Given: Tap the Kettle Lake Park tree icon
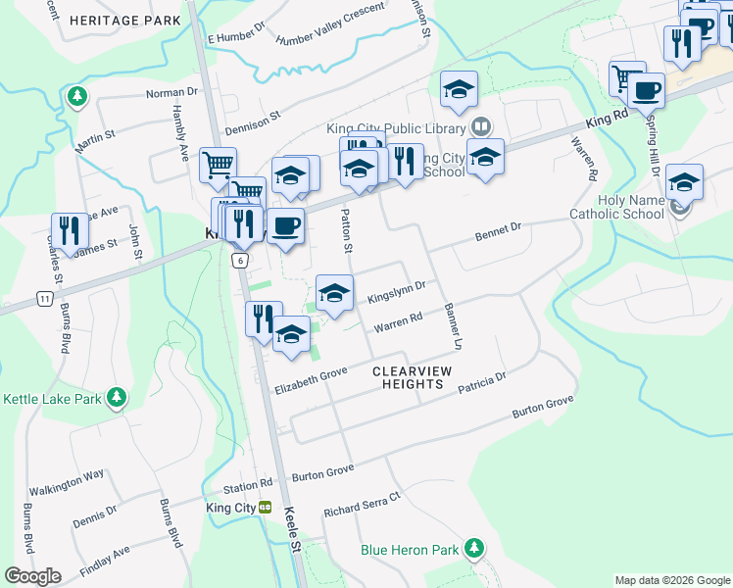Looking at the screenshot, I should pyautogui.click(x=117, y=397).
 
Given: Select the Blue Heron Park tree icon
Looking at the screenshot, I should pyautogui.click(x=474, y=547).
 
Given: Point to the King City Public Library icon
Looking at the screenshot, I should pyautogui.click(x=480, y=125).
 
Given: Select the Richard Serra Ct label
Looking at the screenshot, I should pyautogui.click(x=363, y=505).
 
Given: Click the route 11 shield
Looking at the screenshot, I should pyautogui.click(x=43, y=297).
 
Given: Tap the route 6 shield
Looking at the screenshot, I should pyautogui.click(x=238, y=260).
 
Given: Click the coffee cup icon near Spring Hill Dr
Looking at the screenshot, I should pyautogui.click(x=645, y=91).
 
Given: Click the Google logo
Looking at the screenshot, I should pyautogui.click(x=32, y=576).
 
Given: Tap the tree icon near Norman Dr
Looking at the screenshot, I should pyautogui.click(x=76, y=96).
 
